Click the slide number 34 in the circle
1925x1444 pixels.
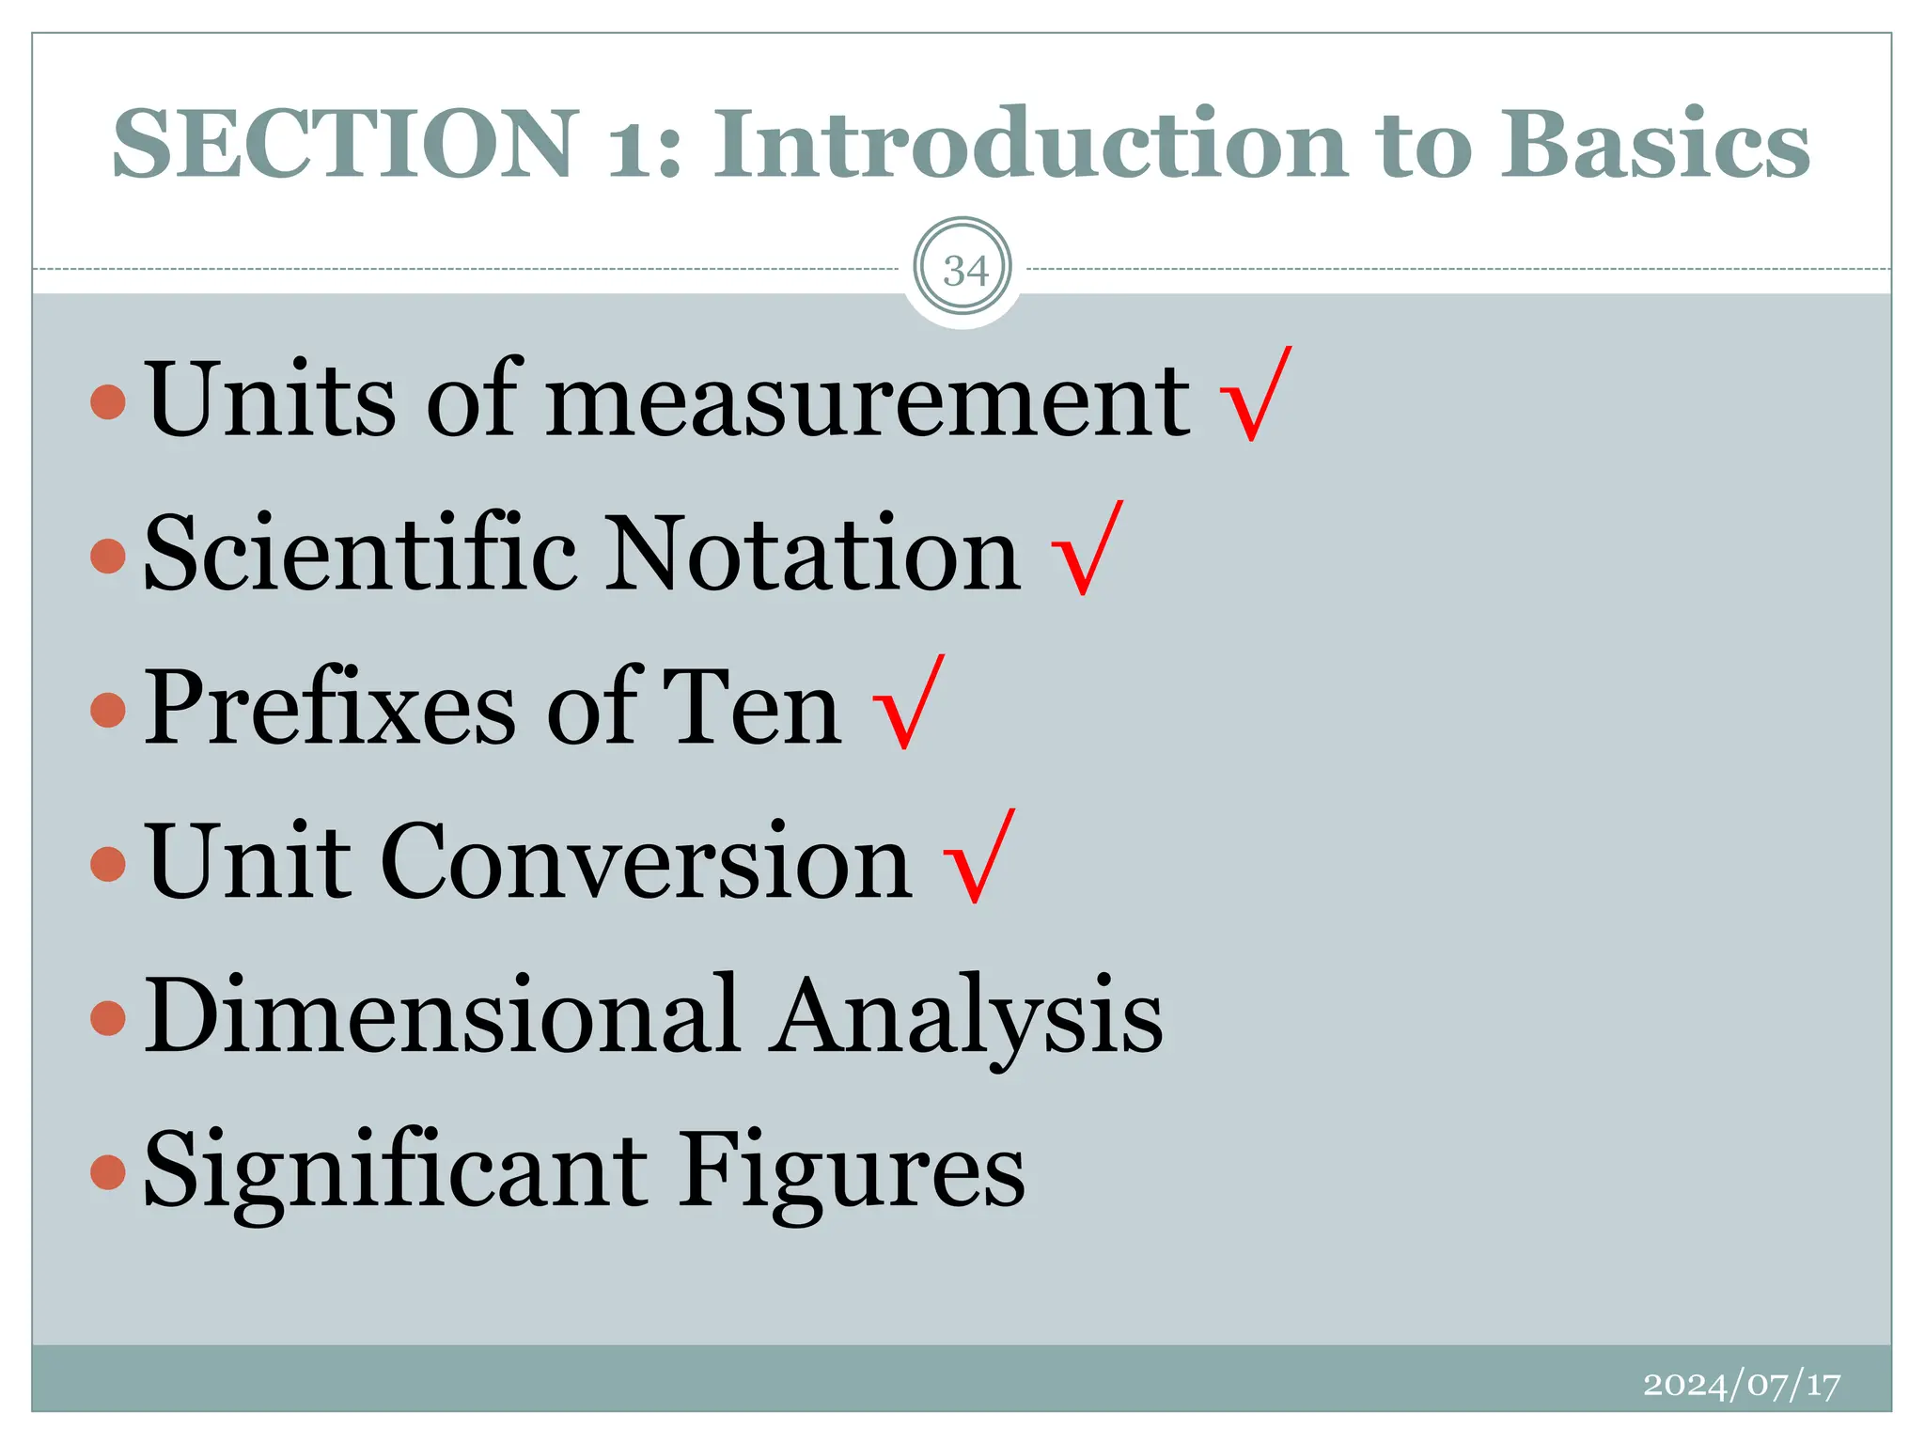[964, 271]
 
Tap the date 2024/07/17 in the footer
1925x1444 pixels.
[1741, 1385]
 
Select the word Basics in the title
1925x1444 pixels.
[1653, 144]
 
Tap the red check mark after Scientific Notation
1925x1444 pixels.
[1086, 550]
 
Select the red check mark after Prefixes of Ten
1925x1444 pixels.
[907, 705]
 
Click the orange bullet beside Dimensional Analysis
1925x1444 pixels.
[109, 1018]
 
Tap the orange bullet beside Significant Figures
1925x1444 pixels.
[109, 1171]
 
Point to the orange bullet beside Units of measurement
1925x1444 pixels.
[109, 401]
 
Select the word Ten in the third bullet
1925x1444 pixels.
[751, 709]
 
